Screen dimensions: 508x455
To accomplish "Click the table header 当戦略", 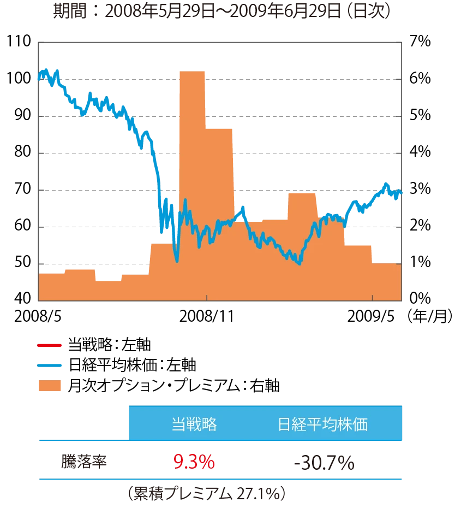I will tap(194, 424).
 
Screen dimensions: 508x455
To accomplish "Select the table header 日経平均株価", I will tap(322, 424).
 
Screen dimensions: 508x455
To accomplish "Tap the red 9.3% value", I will tap(194, 462).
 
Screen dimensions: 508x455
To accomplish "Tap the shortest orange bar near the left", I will tap(107, 290).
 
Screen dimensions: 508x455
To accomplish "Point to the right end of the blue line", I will tap(402, 192).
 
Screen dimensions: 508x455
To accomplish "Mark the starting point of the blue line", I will tap(38, 78).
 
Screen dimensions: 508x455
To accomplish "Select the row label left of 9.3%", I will tap(85, 462).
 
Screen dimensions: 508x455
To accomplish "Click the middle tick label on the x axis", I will tap(207, 316).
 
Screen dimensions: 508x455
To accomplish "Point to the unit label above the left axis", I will tap(16, 42).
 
